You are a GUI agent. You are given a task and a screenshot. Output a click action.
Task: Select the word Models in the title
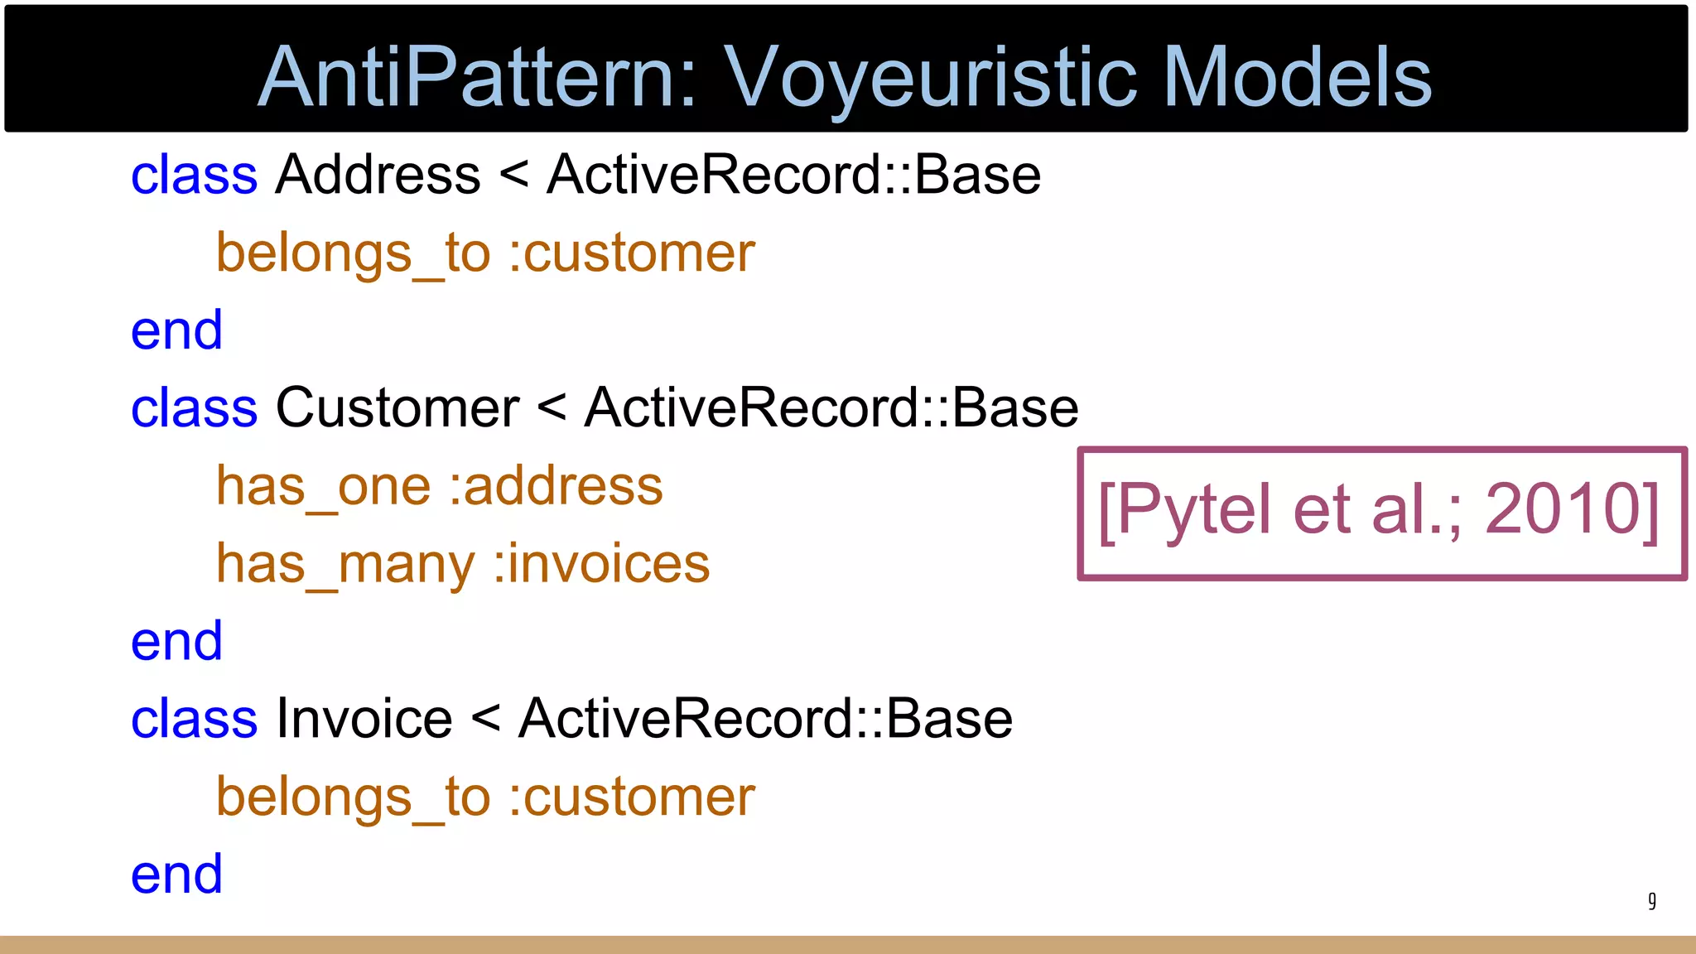pos(1297,77)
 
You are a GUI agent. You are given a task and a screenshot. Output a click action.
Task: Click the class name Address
pos(378,175)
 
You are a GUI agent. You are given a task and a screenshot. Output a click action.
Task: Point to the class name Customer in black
pos(397,408)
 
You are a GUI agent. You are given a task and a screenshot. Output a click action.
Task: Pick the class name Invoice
pos(364,719)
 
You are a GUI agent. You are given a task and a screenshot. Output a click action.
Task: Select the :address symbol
pos(556,486)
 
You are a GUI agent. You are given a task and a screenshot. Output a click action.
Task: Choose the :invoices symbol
pos(601,564)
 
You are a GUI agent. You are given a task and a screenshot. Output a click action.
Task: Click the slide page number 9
pos(1651,900)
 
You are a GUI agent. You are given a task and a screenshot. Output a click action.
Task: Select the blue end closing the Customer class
pos(176,641)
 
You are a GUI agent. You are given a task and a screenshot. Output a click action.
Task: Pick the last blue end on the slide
pos(176,874)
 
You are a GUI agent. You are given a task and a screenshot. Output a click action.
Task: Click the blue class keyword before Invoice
pos(194,719)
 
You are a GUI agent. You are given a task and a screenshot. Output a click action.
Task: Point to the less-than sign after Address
pos(513,176)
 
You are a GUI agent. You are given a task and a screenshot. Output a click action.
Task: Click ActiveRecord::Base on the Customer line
pos(831,408)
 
